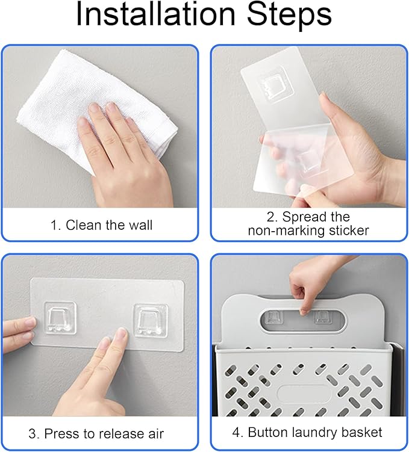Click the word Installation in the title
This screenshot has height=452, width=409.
tap(156, 14)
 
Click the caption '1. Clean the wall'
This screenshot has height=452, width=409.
tap(101, 225)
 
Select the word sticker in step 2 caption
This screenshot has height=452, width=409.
tap(348, 231)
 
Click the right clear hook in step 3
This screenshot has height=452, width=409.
tap(151, 320)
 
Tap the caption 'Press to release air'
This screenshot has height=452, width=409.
tap(104, 433)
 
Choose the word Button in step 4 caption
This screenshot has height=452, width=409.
tap(268, 432)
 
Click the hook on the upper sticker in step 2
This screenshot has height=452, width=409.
tap(276, 87)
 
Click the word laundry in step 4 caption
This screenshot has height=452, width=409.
tap(315, 433)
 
